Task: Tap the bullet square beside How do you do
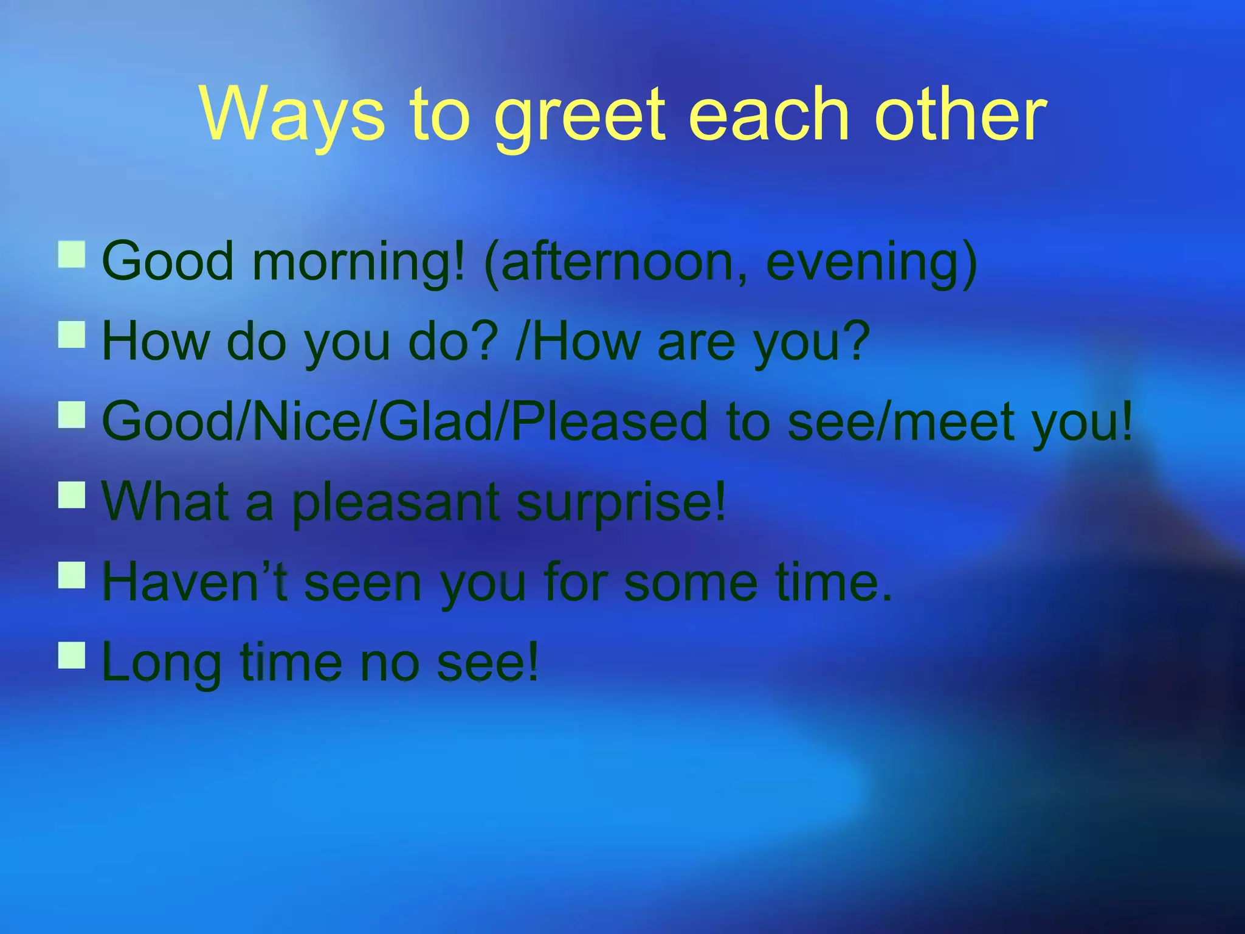[x=72, y=335]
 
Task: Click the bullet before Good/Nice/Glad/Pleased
[x=72, y=415]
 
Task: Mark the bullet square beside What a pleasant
[x=72, y=495]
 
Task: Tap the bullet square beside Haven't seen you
[x=72, y=575]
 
